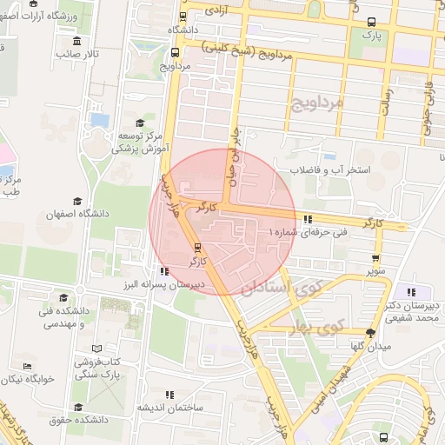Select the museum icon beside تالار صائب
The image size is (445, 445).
point(76,41)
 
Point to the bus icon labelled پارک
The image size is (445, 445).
point(372,23)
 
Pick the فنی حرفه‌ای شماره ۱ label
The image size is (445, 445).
point(308,233)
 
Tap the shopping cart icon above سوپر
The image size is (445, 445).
point(375,258)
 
